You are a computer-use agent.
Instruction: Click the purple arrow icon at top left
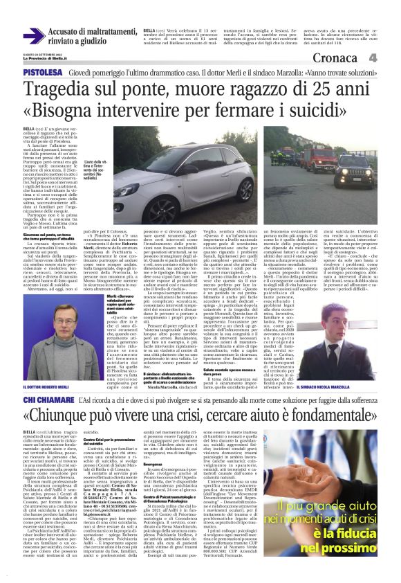click(x=34, y=35)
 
